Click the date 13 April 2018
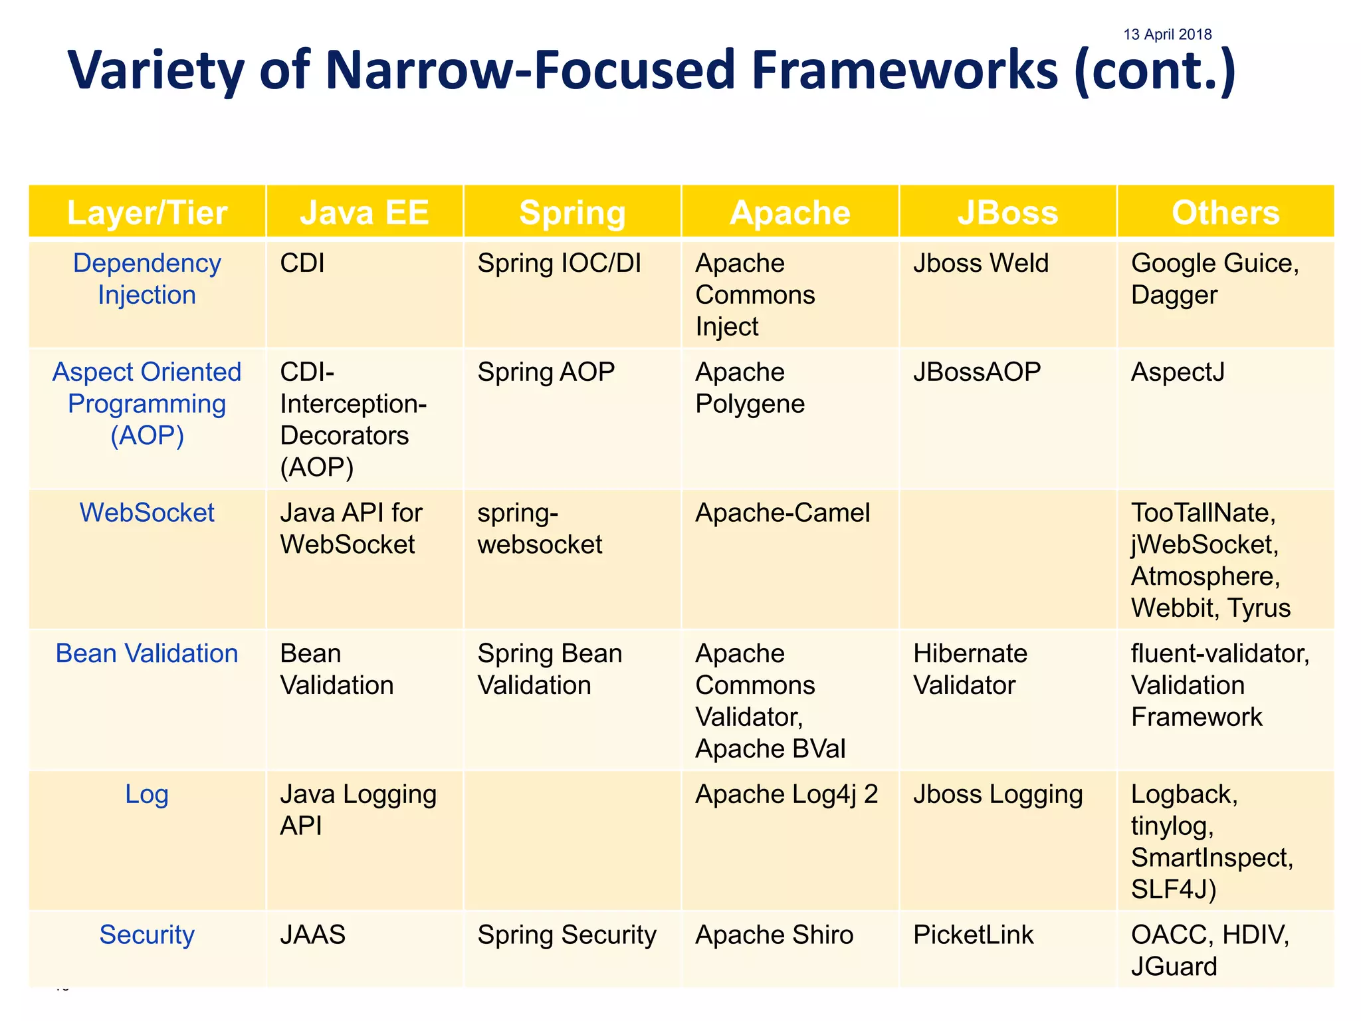[x=1167, y=35]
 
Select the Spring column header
[x=572, y=213]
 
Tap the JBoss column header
[x=1007, y=213]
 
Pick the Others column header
[x=1225, y=213]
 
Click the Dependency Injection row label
[x=147, y=279]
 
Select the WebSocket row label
[x=147, y=512]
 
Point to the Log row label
[x=147, y=794]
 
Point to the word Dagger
[x=1174, y=295]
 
